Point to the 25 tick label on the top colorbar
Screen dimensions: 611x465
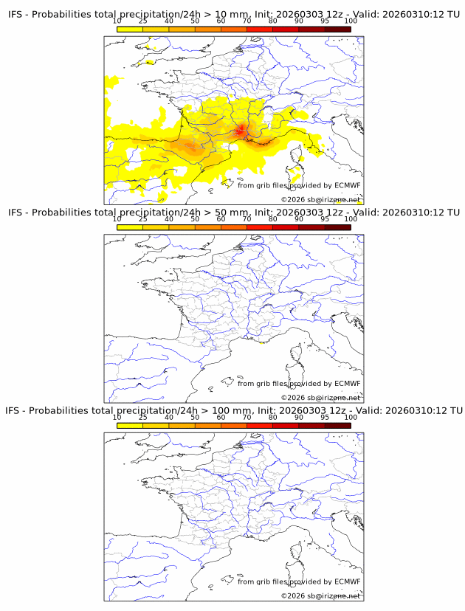pyautogui.click(x=142, y=21)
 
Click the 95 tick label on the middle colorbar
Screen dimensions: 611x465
pyautogui.click(x=325, y=219)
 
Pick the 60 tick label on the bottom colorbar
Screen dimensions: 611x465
pyautogui.click(x=221, y=417)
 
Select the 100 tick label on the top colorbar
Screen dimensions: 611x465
pyautogui.click(x=351, y=21)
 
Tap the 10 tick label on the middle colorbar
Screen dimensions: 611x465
pyautogui.click(x=117, y=219)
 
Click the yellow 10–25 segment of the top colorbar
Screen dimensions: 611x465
pyautogui.click(x=130, y=30)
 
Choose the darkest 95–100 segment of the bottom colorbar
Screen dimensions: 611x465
pyautogui.click(x=337, y=425)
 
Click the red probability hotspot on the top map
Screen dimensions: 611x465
pyautogui.click(x=241, y=131)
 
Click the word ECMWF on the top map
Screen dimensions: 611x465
pyautogui.click(x=347, y=185)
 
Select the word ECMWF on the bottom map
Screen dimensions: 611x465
pyautogui.click(x=347, y=581)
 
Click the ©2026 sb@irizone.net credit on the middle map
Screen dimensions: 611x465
pyautogui.click(x=320, y=398)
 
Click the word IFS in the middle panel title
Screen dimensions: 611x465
pyautogui.click(x=15, y=212)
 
